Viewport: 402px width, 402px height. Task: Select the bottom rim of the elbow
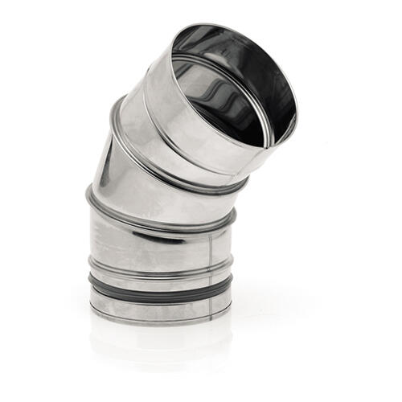161,318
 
